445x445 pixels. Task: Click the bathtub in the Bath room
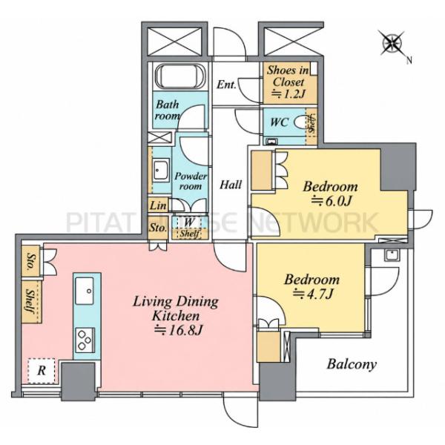pyautogui.click(x=180, y=76)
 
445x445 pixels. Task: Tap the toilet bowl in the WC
pyautogui.click(x=301, y=122)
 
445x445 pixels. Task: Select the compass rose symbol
pyautogui.click(x=392, y=43)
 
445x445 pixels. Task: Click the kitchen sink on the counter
pyautogui.click(x=85, y=291)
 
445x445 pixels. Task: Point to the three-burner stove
pyautogui.click(x=85, y=340)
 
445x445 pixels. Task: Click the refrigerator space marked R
pyautogui.click(x=42, y=371)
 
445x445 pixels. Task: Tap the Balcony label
pyautogui.click(x=352, y=364)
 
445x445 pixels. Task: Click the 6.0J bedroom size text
pyautogui.click(x=332, y=201)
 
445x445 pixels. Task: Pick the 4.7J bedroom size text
pyautogui.click(x=312, y=294)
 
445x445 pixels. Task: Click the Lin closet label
pyautogui.click(x=158, y=205)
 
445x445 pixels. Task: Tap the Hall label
pyautogui.click(x=231, y=185)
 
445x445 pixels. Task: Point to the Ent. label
pyautogui.click(x=226, y=85)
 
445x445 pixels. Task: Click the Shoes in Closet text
pyautogui.click(x=289, y=76)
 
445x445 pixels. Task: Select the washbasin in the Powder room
pyautogui.click(x=161, y=171)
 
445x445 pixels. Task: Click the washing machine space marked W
pyautogui.click(x=189, y=222)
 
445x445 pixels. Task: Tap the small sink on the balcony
pyautogui.click(x=392, y=254)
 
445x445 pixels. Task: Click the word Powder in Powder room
pyautogui.click(x=191, y=177)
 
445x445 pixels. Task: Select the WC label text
pyautogui.click(x=280, y=122)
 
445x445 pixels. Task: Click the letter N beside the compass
pyautogui.click(x=409, y=60)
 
